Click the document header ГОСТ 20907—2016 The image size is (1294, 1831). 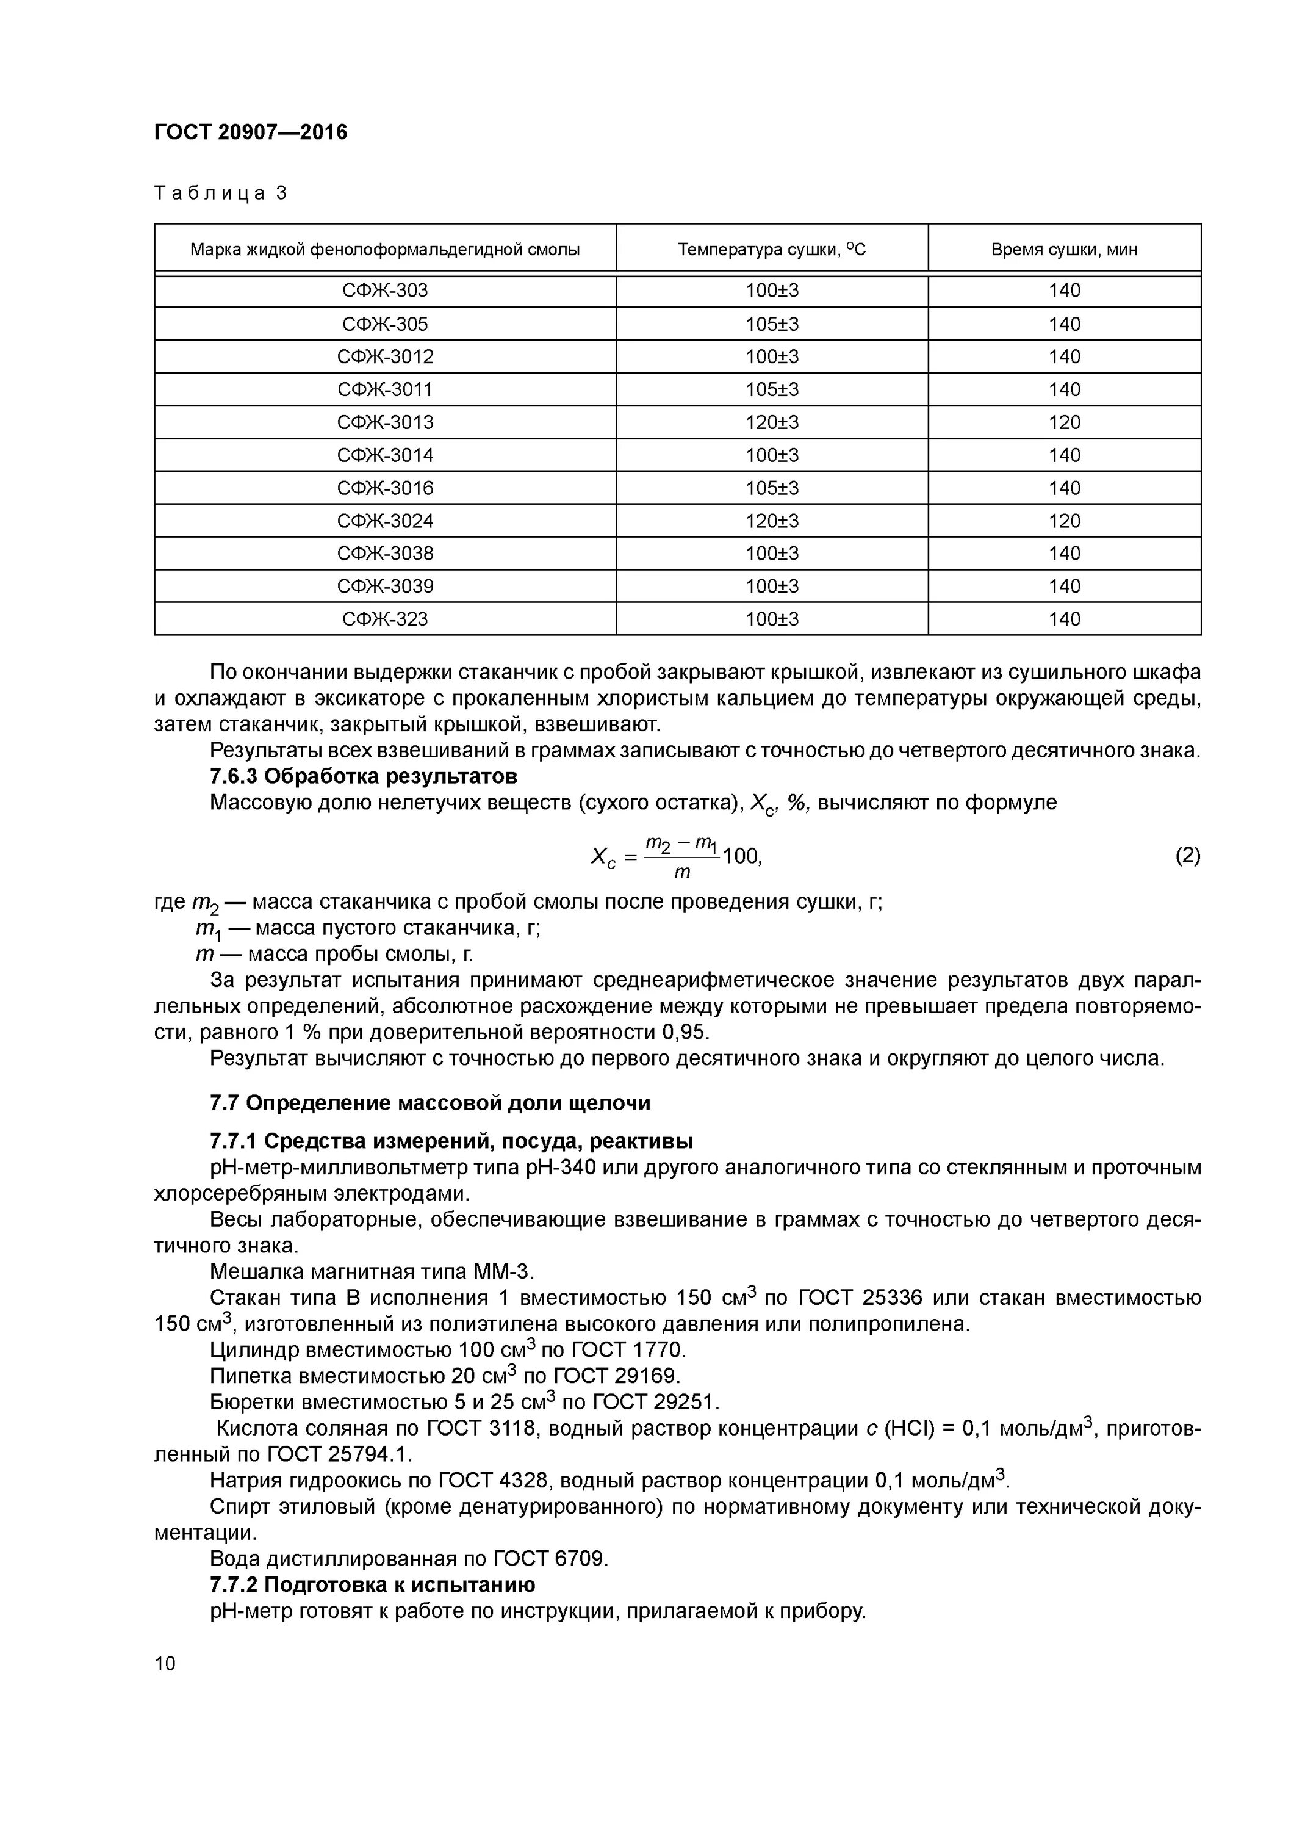(x=250, y=132)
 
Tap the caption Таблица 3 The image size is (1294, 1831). (x=220, y=193)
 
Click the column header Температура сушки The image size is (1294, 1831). (x=771, y=250)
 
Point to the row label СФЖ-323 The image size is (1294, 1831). (x=385, y=619)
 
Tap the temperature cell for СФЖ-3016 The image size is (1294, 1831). (x=771, y=488)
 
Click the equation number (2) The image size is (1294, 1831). (x=1187, y=856)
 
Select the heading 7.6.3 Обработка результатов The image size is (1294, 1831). (x=363, y=776)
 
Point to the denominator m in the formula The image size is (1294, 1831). (x=681, y=872)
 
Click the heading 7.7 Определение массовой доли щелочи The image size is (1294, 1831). (x=430, y=1103)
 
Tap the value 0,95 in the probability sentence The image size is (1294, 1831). (x=684, y=1033)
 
